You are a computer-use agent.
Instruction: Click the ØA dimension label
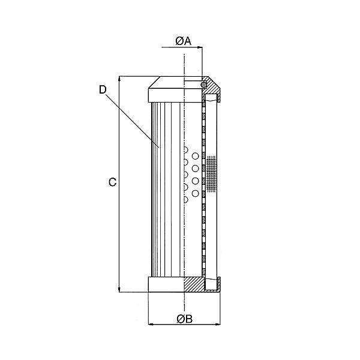[183, 41]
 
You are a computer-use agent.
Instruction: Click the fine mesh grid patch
[211, 174]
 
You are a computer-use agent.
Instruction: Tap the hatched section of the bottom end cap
[195, 283]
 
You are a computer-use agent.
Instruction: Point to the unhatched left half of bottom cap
[165, 283]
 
